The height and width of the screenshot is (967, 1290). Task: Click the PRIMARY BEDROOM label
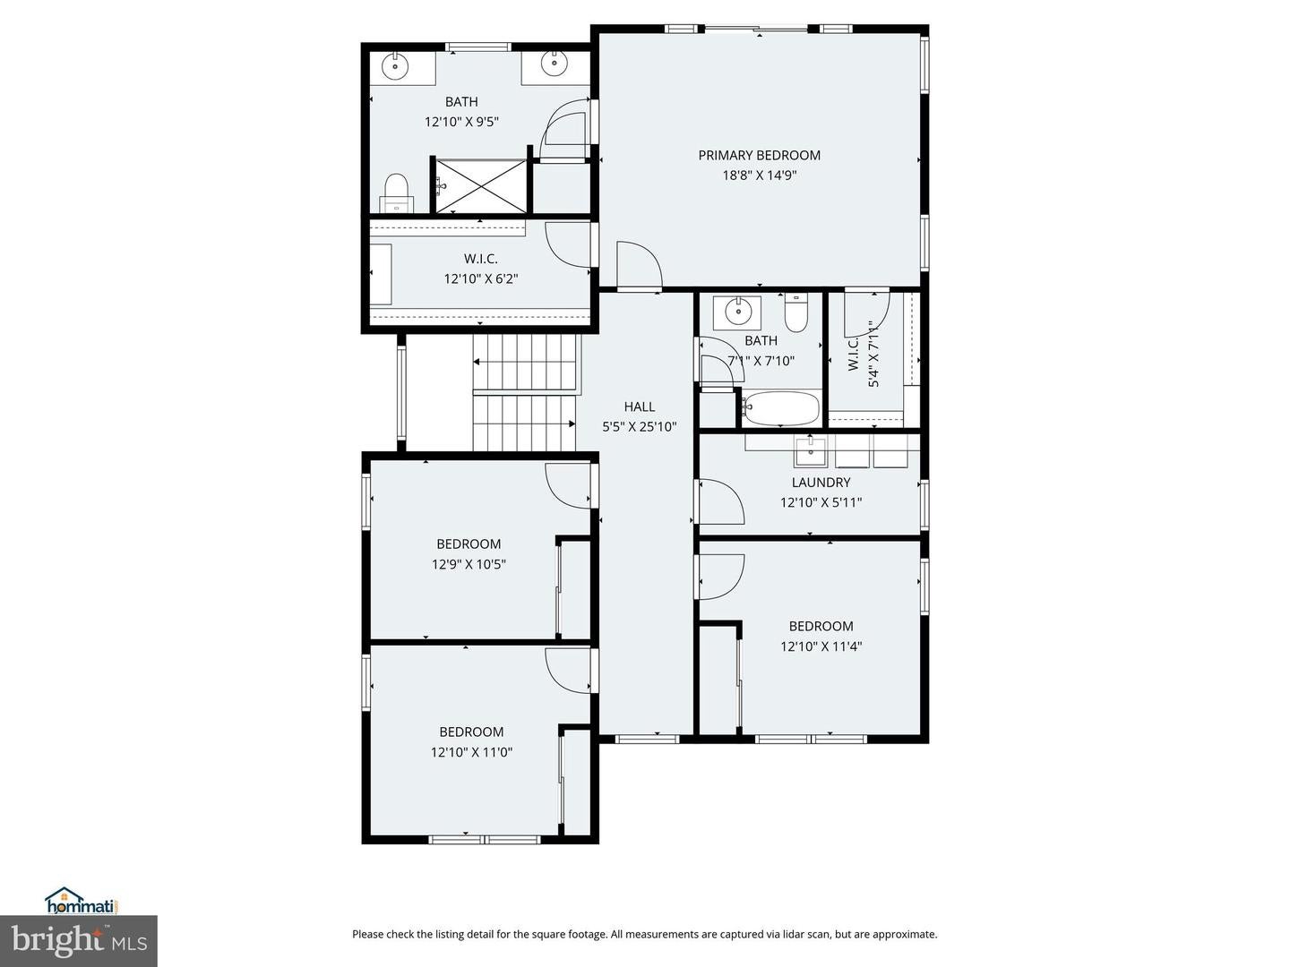pyautogui.click(x=759, y=155)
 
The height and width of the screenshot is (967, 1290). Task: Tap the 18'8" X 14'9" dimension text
pyautogui.click(x=760, y=175)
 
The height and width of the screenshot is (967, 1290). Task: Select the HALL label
pyautogui.click(x=640, y=406)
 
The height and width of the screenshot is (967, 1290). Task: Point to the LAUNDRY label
pyautogui.click(x=821, y=482)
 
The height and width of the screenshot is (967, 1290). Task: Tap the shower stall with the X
pyautogui.click(x=481, y=187)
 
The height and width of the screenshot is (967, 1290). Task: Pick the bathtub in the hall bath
pyautogui.click(x=781, y=408)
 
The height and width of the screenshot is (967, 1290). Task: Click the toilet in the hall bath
pyautogui.click(x=796, y=312)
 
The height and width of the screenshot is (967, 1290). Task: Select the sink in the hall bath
pyautogui.click(x=737, y=312)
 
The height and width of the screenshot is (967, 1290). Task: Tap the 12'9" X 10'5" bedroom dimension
pyautogui.click(x=469, y=564)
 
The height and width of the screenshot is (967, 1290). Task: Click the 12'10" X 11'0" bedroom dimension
pyautogui.click(x=471, y=752)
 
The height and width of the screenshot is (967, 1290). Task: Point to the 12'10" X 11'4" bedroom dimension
pyautogui.click(x=821, y=646)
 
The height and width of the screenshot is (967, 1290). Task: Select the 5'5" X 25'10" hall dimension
pyautogui.click(x=640, y=427)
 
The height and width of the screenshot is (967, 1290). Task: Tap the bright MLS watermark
pyautogui.click(x=79, y=941)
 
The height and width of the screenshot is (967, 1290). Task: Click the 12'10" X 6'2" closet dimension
pyautogui.click(x=481, y=278)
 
